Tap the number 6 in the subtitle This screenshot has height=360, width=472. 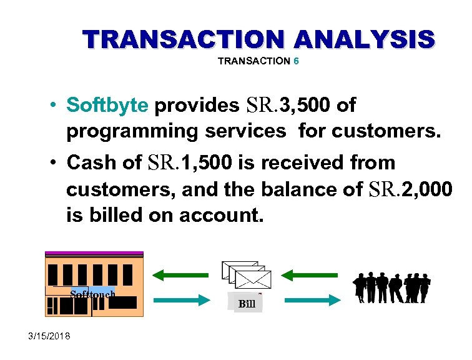[x=296, y=61]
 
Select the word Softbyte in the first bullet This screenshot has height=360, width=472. [x=107, y=105]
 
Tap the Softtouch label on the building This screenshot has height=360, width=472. [x=92, y=293]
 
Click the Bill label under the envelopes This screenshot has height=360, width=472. [x=246, y=304]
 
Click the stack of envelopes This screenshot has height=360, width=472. [x=247, y=275]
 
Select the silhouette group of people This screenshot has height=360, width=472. [x=391, y=287]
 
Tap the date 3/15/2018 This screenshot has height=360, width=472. [x=50, y=337]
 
